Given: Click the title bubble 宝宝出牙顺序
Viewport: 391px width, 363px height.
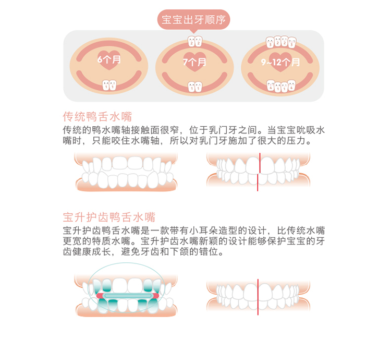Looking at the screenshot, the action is coord(193,20).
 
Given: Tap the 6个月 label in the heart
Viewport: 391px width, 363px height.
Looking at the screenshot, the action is coord(109,59).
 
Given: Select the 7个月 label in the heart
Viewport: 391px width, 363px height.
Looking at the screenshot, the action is coord(194,62).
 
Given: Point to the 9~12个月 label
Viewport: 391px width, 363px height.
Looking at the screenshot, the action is coord(280,62).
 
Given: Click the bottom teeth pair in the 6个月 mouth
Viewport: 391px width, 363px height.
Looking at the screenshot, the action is coord(109,85).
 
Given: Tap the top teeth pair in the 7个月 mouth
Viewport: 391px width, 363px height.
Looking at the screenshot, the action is coord(195,41).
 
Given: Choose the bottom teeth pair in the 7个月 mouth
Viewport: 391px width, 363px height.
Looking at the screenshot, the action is coord(195,87).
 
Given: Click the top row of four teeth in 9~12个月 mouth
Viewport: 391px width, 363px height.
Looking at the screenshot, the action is coord(281,42).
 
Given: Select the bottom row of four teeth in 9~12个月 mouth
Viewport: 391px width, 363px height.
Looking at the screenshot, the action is coord(281,86).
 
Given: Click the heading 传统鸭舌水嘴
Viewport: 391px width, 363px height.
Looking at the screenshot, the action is coord(97,116).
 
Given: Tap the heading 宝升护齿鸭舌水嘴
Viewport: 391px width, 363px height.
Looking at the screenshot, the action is coord(109,217).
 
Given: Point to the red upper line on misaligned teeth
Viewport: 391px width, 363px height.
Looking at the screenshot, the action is coord(260,163).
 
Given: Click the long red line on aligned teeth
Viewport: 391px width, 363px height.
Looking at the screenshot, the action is coord(258,297).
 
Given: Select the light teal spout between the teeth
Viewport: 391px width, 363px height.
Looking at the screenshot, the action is coord(127,296).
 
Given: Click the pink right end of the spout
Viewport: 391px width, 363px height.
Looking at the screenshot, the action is coord(156,296).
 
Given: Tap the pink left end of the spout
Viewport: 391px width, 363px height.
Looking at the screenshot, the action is coord(99,296).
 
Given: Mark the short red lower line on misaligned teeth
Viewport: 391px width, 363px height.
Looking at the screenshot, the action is coord(258,183).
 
